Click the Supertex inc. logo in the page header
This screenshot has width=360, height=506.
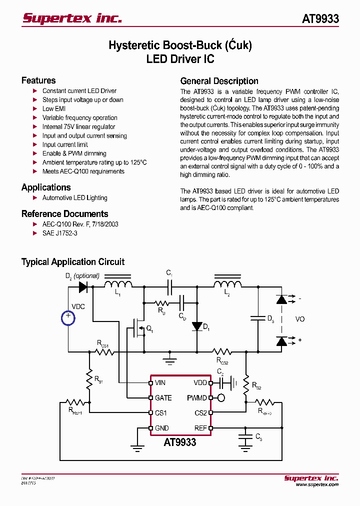tap(72, 18)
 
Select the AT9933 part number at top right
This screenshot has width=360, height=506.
tap(320, 19)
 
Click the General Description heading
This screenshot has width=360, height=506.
tap(219, 81)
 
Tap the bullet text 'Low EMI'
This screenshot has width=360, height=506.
tap(54, 108)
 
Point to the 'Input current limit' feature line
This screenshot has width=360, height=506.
tap(65, 144)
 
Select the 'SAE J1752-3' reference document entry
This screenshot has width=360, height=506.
tap(59, 233)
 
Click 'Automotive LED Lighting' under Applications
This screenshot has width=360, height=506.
tap(74, 198)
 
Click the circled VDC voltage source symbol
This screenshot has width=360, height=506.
tap(68, 317)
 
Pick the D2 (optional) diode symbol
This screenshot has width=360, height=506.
tap(83, 287)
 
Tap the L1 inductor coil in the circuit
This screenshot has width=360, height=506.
tap(118, 285)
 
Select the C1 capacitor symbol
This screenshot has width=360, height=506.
tap(170, 287)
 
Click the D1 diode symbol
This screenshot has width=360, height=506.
tap(197, 326)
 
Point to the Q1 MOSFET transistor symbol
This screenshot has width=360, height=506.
tap(138, 329)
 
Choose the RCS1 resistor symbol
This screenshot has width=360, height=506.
tap(105, 352)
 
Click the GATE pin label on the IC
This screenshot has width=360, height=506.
tap(163, 398)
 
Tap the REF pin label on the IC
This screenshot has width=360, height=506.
tap(200, 428)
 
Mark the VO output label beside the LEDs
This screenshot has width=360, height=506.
tap(300, 319)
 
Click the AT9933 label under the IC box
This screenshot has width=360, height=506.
tap(180, 442)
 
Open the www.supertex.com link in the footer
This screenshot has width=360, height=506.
tap(317, 484)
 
